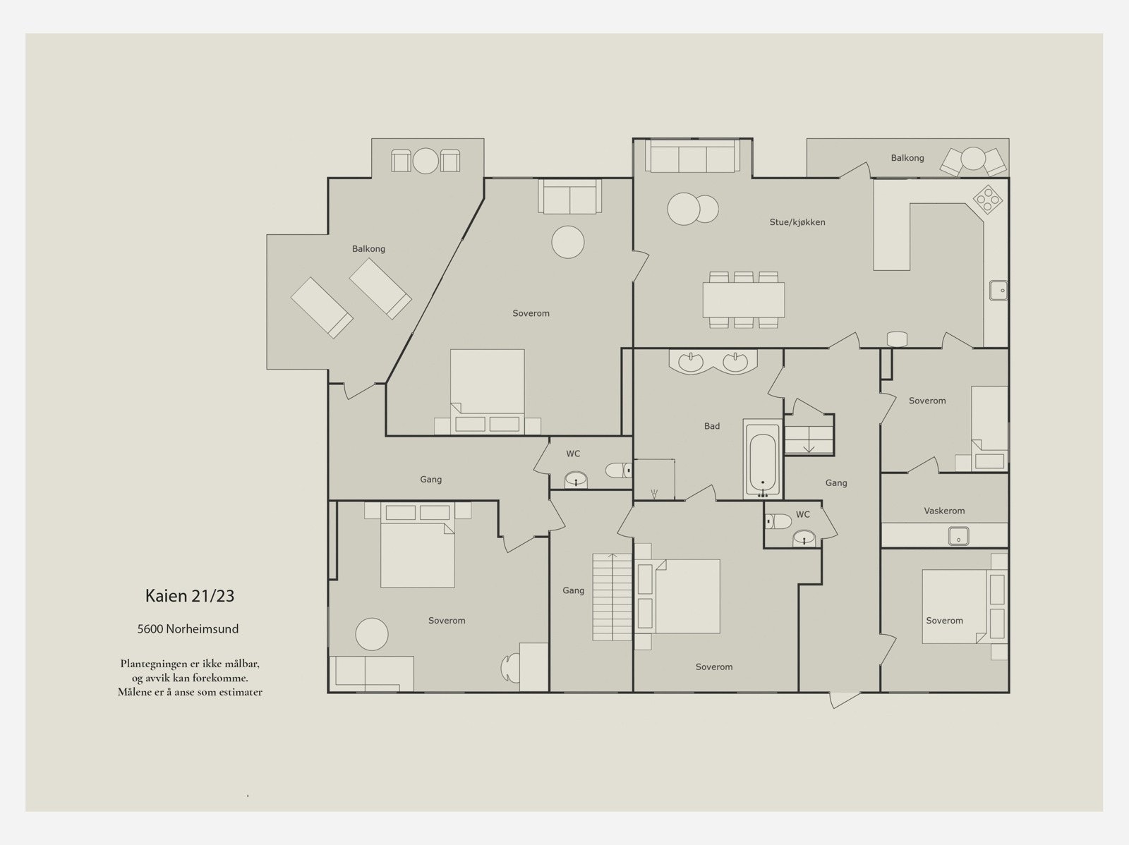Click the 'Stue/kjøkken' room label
[x=797, y=222]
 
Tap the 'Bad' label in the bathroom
[x=712, y=425]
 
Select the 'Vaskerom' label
[x=944, y=511]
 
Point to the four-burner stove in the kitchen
[x=988, y=199]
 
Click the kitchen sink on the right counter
[x=999, y=291]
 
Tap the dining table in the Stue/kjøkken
[x=743, y=300]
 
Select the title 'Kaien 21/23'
[x=190, y=595]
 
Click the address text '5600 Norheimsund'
[x=188, y=628]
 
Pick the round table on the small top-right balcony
[x=973, y=158]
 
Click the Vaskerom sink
[x=958, y=536]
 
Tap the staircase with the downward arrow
[x=809, y=434]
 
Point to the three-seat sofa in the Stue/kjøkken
[x=692, y=156]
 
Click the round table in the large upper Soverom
[x=568, y=242]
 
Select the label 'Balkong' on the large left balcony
[x=368, y=249]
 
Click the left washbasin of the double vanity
[x=690, y=362]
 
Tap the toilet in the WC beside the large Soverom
[x=617, y=470]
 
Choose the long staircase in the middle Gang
[x=612, y=597]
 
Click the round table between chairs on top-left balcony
[x=425, y=161]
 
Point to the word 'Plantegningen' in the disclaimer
[x=151, y=664]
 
